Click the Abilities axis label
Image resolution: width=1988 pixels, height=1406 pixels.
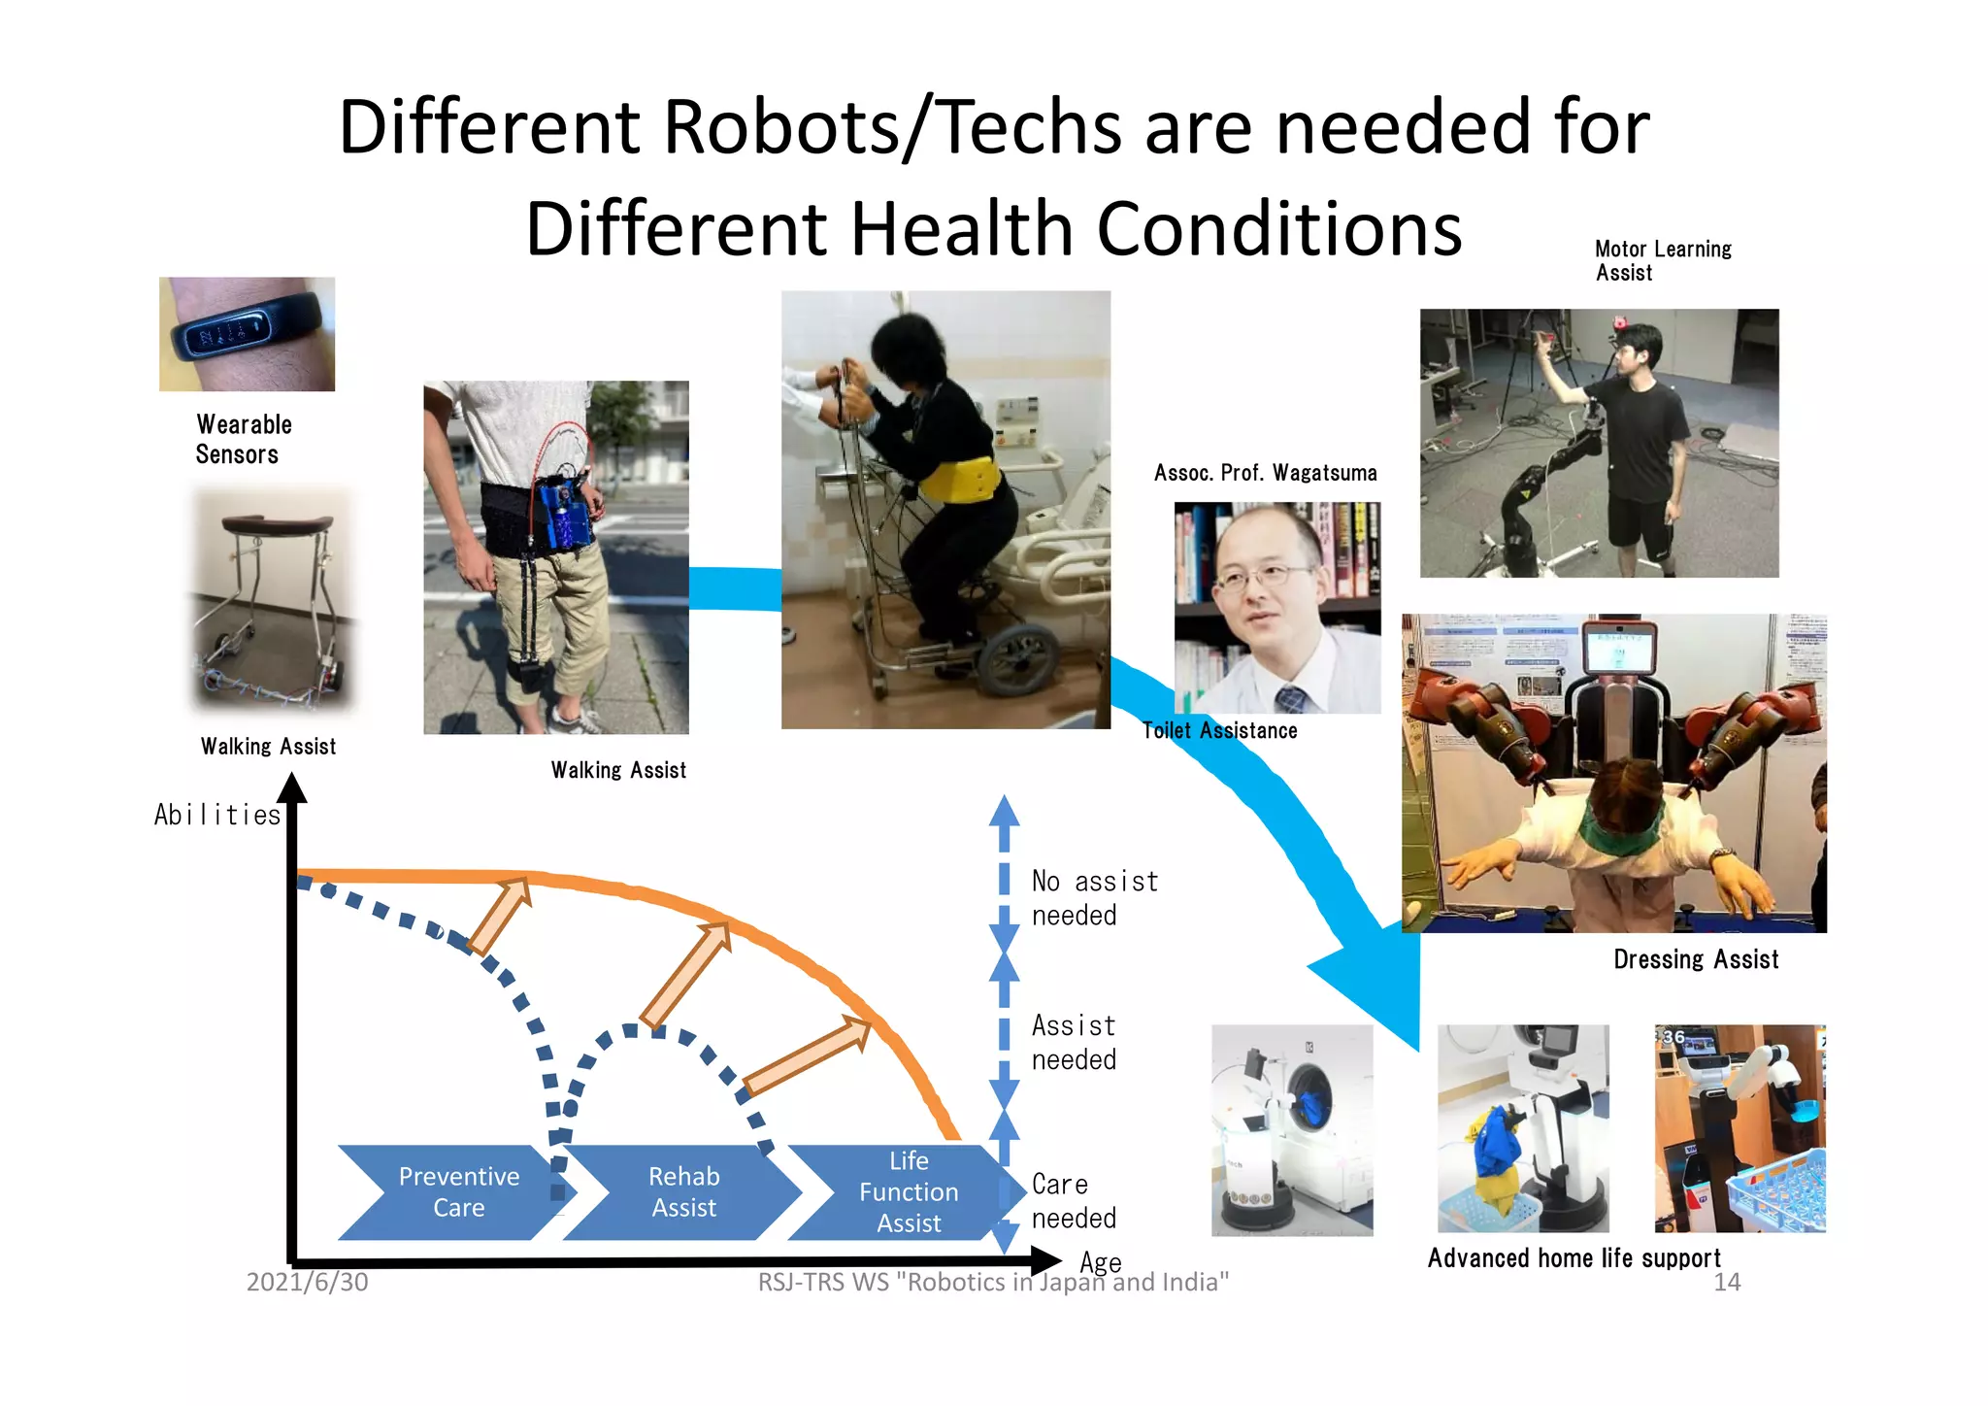point(217,815)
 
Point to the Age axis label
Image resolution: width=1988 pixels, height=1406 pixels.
point(1101,1261)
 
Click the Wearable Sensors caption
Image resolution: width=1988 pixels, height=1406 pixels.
point(243,439)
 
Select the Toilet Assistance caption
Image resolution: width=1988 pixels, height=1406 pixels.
point(1220,730)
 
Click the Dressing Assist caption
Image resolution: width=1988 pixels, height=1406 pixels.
point(1696,959)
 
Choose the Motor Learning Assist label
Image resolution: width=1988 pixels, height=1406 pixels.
point(1663,260)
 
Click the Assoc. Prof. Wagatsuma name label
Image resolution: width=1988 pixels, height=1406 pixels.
point(1265,473)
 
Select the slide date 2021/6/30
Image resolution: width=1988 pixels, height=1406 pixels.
point(307,1282)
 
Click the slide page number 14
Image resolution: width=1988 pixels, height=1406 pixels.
point(1727,1282)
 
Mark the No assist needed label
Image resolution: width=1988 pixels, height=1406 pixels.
point(1094,898)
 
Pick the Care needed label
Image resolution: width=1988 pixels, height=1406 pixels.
point(1074,1201)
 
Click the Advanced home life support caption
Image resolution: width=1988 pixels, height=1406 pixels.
point(1574,1258)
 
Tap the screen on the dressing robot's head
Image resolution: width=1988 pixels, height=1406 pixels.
point(1618,649)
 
